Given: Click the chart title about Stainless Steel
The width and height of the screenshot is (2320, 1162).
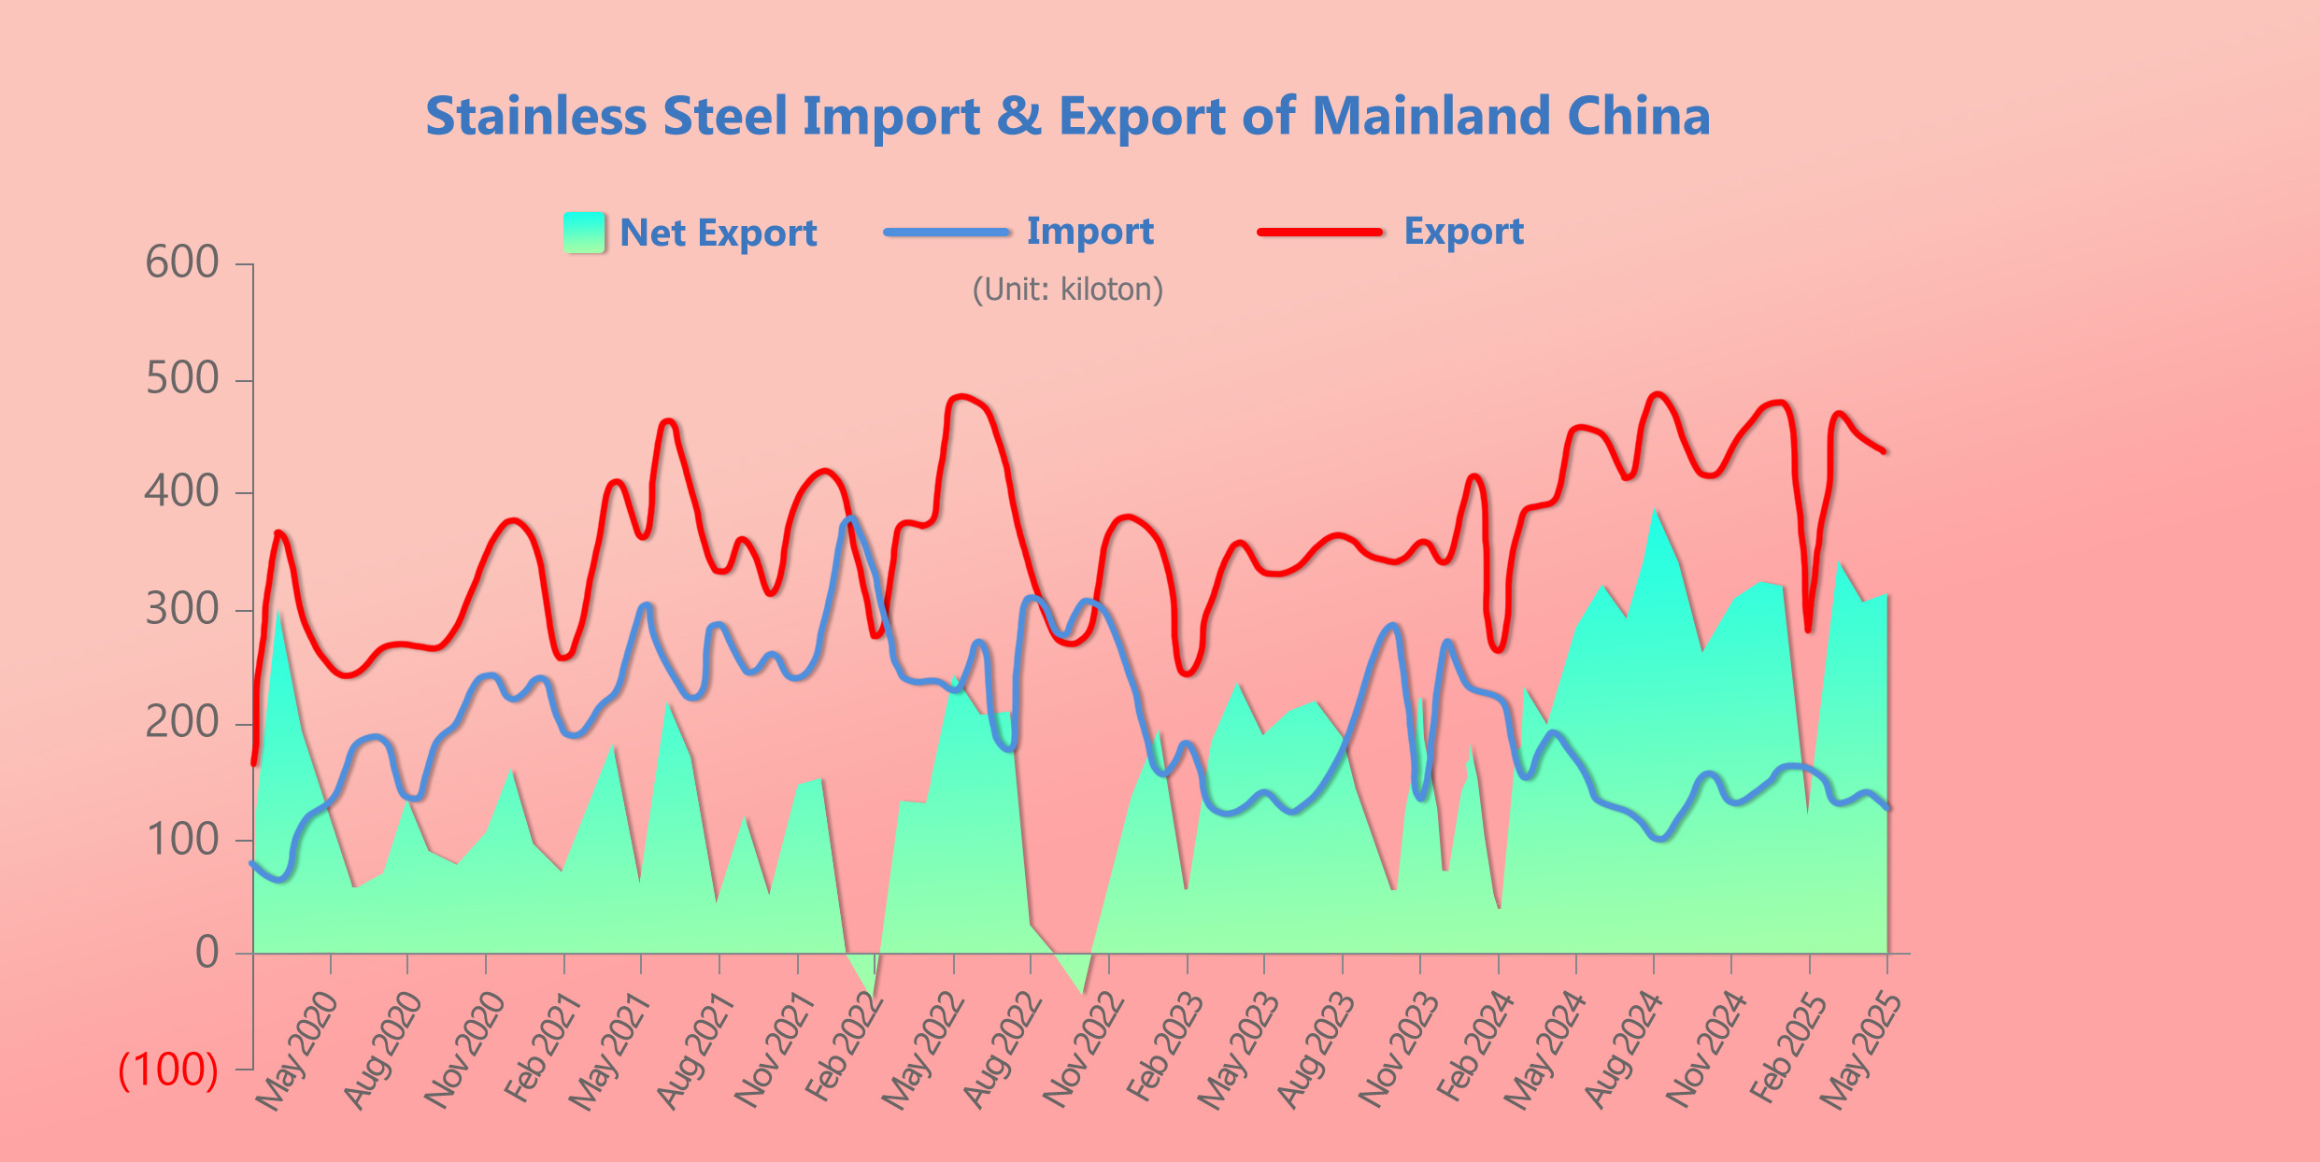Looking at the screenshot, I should click(1067, 116).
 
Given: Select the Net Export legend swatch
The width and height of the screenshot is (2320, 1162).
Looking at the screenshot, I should click(584, 233).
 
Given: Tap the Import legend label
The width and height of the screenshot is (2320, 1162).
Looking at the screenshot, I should click(1089, 232).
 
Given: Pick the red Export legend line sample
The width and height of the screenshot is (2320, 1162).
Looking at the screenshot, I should click(1319, 232).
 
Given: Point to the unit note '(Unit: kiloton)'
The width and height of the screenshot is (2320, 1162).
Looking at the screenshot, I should click(1068, 290).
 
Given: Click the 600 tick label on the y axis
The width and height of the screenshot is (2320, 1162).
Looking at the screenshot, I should click(182, 262).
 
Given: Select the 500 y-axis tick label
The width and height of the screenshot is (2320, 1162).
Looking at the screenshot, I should click(182, 379).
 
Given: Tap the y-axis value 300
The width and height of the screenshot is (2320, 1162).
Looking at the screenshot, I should click(182, 610).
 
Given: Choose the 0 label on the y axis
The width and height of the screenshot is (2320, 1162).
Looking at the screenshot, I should click(207, 953).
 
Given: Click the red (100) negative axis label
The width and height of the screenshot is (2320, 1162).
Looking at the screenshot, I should click(168, 1070).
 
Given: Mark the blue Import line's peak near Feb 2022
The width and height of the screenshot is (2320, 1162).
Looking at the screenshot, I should click(850, 518).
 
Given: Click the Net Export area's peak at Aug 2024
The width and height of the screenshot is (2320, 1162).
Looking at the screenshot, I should click(1655, 510).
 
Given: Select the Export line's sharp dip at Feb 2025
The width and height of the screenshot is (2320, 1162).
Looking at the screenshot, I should click(1809, 630).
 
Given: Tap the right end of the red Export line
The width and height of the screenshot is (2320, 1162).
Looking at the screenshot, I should click(1884, 451).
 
